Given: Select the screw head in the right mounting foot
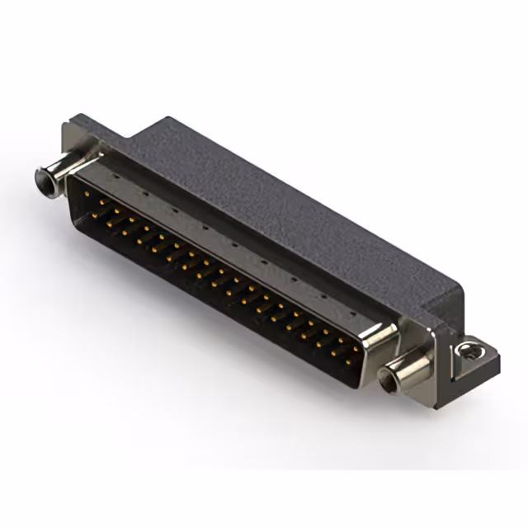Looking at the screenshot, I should [x=470, y=350].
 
